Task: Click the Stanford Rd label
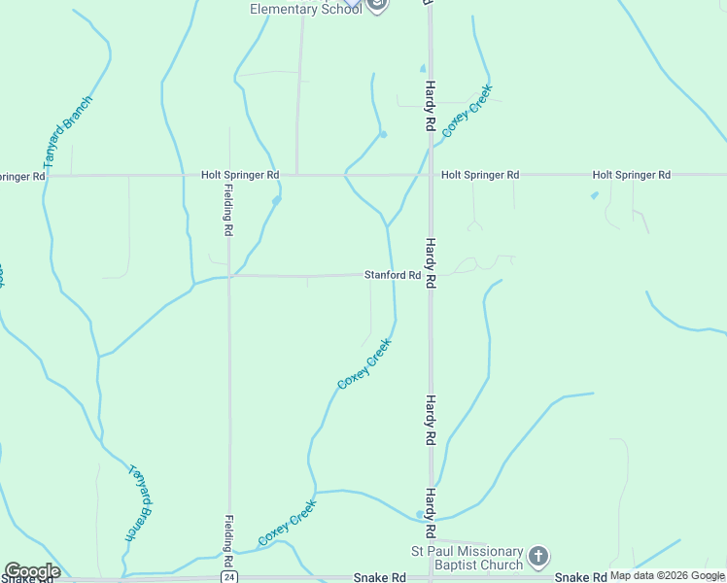pos(393,275)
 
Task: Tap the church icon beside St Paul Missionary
pos(538,557)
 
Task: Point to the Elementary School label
pos(305,9)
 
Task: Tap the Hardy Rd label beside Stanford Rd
pos(429,259)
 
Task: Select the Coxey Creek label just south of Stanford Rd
pos(364,363)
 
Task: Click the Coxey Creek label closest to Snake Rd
pos(287,523)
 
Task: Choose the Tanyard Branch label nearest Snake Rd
pos(141,501)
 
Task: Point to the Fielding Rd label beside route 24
pos(227,542)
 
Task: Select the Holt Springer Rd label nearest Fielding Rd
pos(240,175)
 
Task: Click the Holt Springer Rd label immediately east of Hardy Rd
pos(480,175)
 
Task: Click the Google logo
pos(32,571)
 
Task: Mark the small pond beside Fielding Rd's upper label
pos(276,200)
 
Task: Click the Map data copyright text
pos(668,575)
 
